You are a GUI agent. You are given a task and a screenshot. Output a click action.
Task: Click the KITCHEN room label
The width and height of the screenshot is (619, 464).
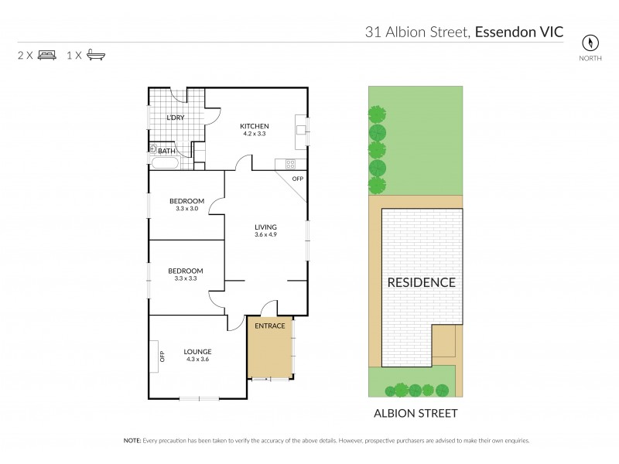tap(254, 126)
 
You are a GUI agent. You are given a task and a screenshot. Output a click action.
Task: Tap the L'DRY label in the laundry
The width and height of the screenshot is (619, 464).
tap(176, 118)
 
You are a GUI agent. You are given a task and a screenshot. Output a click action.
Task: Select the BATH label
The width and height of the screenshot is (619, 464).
tap(166, 151)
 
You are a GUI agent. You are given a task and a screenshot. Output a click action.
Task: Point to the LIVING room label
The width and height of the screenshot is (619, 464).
tap(266, 227)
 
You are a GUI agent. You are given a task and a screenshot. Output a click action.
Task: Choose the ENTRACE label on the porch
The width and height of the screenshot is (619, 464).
tap(271, 326)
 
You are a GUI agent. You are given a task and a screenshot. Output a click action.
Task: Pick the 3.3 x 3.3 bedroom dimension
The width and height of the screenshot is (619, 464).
tap(186, 278)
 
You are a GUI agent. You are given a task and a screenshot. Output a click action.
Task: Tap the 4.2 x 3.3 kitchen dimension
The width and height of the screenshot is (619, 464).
tap(254, 134)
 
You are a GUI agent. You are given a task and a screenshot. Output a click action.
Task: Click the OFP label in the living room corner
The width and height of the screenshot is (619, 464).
tap(297, 179)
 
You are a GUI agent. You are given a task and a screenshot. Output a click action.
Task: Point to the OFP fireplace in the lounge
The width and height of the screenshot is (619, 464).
tap(162, 357)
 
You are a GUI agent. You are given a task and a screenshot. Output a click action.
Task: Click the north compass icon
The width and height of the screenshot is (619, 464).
tap(593, 43)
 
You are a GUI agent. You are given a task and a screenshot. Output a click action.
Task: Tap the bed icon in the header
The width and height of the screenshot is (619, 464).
tap(47, 56)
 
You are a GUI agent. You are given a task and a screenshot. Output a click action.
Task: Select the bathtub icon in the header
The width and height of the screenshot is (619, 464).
tap(97, 56)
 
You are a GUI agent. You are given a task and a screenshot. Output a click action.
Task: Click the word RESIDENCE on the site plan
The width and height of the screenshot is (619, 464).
tap(421, 282)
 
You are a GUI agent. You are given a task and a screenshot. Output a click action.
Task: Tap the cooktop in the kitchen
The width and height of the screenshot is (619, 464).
tap(291, 163)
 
